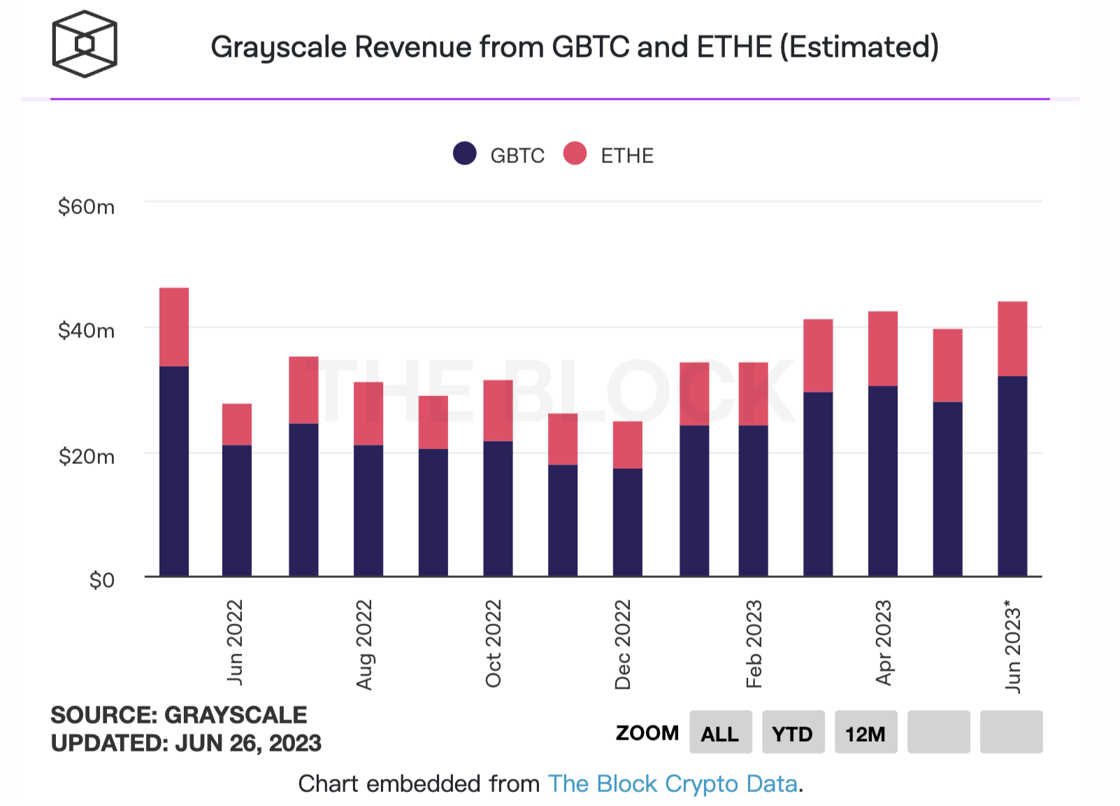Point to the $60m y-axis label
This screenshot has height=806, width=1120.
tap(86, 206)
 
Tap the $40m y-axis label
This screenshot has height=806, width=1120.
tap(86, 330)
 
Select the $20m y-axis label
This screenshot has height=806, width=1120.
tap(86, 456)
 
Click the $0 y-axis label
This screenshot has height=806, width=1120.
tap(101, 580)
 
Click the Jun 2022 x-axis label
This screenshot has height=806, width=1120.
tap(235, 642)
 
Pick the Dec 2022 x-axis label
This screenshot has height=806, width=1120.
tap(623, 644)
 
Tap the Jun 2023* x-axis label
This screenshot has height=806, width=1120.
tap(1013, 646)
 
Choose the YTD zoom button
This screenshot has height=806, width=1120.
tap(793, 733)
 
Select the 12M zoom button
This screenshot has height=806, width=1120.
tap(866, 733)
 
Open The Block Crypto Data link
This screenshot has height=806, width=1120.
tap(673, 784)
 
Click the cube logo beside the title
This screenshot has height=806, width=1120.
tap(85, 44)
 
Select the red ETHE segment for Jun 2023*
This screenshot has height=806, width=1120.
tap(1012, 339)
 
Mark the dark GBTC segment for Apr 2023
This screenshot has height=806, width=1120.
tap(883, 481)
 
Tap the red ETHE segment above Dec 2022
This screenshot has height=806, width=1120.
tap(628, 444)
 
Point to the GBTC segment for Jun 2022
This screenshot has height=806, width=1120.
tap(237, 511)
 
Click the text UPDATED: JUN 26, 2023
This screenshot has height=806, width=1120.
tap(186, 743)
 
